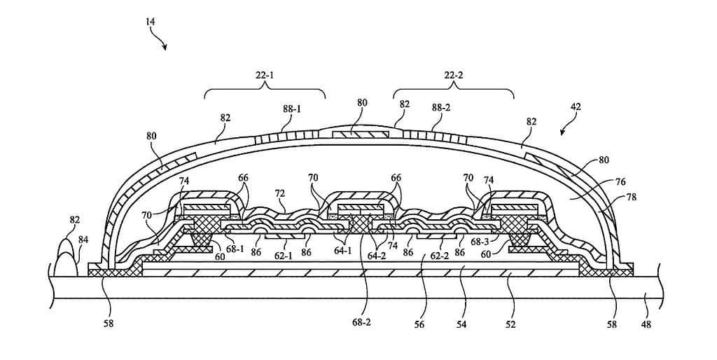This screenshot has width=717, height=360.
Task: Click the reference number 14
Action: (x=151, y=22)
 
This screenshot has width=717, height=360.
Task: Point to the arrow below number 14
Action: (x=163, y=44)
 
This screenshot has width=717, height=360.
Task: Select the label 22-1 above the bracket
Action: (x=265, y=75)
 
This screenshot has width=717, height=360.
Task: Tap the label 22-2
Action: (x=453, y=75)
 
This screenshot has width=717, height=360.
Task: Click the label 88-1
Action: (x=292, y=111)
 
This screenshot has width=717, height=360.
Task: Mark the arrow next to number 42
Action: (x=566, y=130)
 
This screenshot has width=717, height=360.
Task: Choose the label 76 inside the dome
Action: (x=599, y=181)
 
